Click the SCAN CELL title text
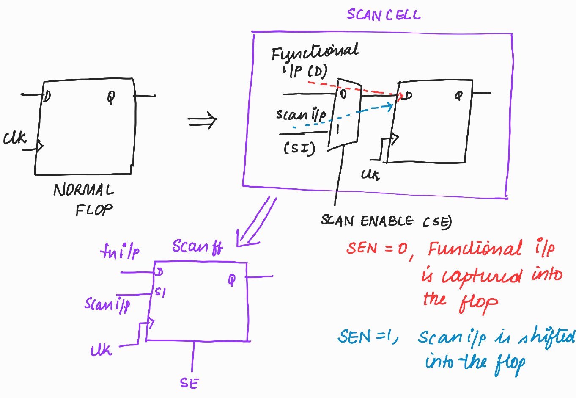[384, 15]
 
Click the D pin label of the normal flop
[47, 97]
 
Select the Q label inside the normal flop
[111, 98]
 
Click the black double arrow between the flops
[202, 121]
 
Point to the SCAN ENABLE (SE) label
[385, 221]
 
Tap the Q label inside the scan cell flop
[458, 96]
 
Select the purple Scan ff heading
[197, 247]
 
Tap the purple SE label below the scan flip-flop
[189, 383]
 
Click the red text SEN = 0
[377, 248]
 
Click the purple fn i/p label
[120, 252]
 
